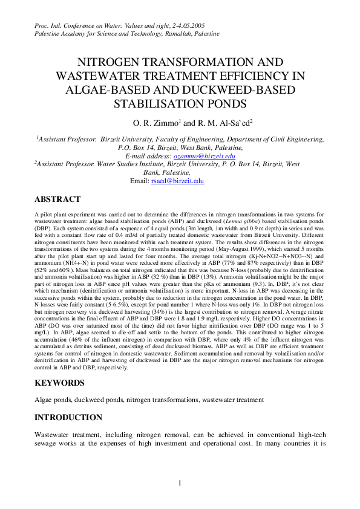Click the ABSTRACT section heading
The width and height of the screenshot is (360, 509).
point(57,199)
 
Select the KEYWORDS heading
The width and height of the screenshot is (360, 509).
point(61,383)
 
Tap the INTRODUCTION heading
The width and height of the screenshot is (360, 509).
point(69,417)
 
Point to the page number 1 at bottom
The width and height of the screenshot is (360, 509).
point(180,482)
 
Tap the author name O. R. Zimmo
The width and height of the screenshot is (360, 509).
point(153,123)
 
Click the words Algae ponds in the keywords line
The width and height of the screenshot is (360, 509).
point(50,400)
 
